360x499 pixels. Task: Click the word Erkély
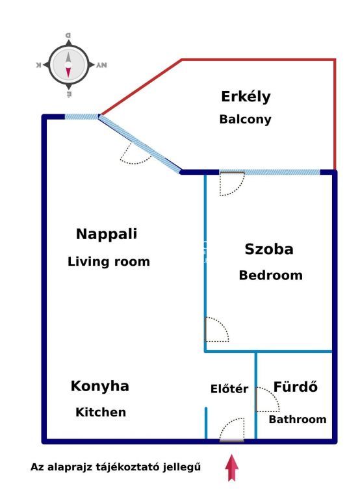[246, 97]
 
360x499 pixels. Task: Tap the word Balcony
[246, 120]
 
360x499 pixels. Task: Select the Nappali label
[107, 235]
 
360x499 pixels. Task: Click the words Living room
[109, 262]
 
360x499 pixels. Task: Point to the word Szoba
[269, 249]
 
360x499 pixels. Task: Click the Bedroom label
[270, 275]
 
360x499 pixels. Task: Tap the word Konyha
[100, 387]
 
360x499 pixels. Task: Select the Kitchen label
[101, 412]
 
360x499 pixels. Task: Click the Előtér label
[229, 389]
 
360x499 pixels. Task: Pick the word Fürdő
[296, 387]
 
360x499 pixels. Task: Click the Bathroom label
[298, 419]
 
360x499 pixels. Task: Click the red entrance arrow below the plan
[231, 468]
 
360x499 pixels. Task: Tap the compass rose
[69, 65]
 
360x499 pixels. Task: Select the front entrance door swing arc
[227, 424]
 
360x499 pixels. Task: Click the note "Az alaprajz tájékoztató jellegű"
[116, 467]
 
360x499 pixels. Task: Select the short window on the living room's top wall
[82, 117]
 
